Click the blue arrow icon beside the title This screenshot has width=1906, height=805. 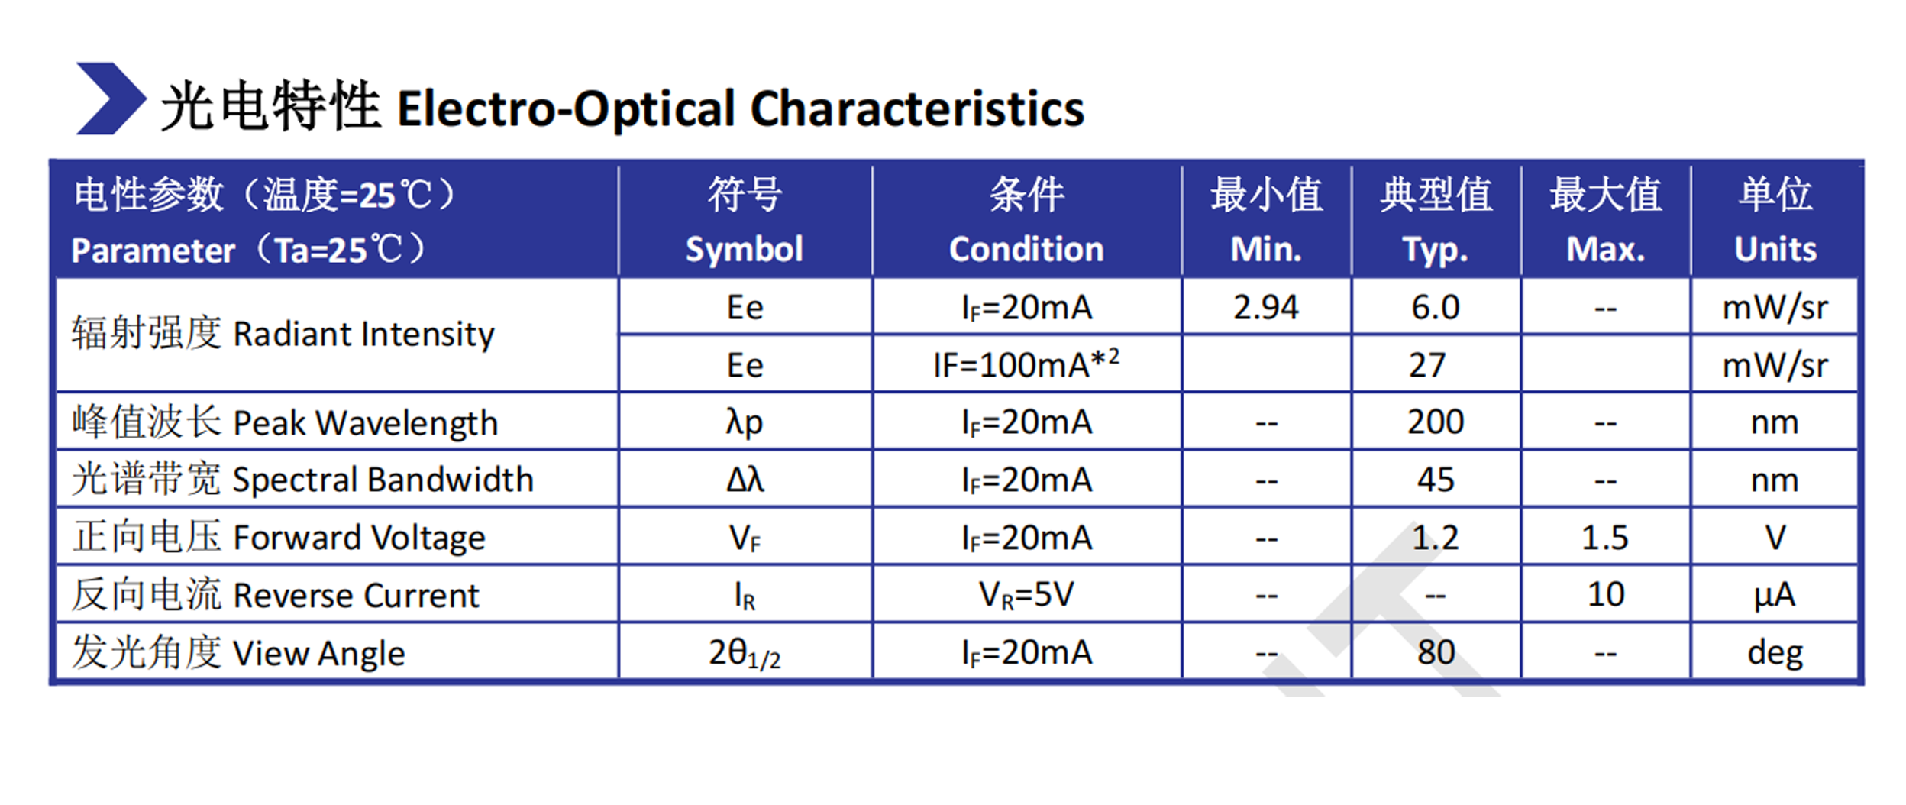click(x=111, y=99)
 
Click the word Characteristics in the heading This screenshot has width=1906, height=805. click(x=917, y=108)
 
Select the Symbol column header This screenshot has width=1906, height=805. click(x=745, y=221)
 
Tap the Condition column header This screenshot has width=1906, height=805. click(x=1026, y=221)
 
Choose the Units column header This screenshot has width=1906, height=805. click(x=1775, y=221)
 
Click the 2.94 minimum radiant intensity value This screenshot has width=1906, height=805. click(x=1266, y=308)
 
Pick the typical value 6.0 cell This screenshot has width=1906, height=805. click(x=1436, y=308)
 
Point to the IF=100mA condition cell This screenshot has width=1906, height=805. click(x=1026, y=364)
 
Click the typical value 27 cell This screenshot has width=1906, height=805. click(x=1427, y=365)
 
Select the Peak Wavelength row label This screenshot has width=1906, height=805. click(x=285, y=422)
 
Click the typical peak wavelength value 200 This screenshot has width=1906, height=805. click(x=1436, y=422)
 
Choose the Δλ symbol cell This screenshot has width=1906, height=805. click(x=745, y=480)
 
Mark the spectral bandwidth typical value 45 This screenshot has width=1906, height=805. click(x=1436, y=480)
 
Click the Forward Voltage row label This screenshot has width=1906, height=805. click(x=279, y=537)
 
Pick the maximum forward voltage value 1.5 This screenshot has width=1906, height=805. click(x=1605, y=538)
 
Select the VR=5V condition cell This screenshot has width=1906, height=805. click(x=1026, y=595)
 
